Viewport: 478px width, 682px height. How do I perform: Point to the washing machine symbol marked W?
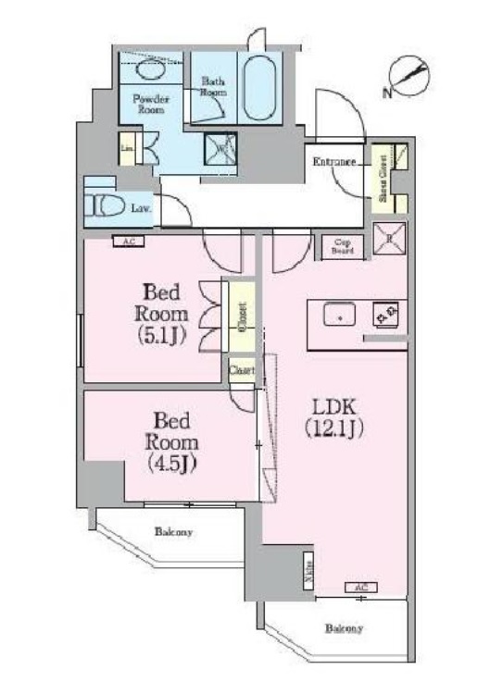click(221, 146)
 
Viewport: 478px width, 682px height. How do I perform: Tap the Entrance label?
click(333, 163)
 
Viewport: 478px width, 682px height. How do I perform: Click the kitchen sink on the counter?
click(339, 316)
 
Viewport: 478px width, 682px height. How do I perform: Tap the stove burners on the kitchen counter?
click(385, 316)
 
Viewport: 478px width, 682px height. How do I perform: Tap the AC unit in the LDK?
click(361, 587)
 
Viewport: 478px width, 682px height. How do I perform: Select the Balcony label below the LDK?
click(343, 628)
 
